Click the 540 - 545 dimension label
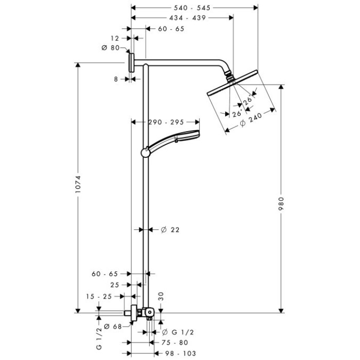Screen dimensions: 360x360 (192, 8)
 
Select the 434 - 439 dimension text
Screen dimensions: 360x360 (187, 18)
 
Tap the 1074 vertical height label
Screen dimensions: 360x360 (78, 184)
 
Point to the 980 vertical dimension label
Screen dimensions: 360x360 (281, 204)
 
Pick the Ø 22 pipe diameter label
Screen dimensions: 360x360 (170, 229)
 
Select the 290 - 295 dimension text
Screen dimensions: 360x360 (166, 122)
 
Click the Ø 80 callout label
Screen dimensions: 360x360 (111, 48)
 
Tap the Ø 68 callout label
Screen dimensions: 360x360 (113, 327)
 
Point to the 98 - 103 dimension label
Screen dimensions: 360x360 (181, 353)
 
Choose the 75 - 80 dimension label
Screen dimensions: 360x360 (175, 343)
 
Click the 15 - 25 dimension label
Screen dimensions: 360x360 (99, 297)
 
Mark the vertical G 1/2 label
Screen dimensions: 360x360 (99, 338)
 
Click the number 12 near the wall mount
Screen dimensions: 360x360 (115, 38)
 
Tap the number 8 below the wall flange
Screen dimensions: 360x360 (116, 79)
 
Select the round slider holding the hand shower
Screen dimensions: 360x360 (146, 153)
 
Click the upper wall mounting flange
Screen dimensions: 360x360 (132, 63)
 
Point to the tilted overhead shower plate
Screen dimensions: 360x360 (232, 83)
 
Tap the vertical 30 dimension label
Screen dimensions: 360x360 (161, 296)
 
